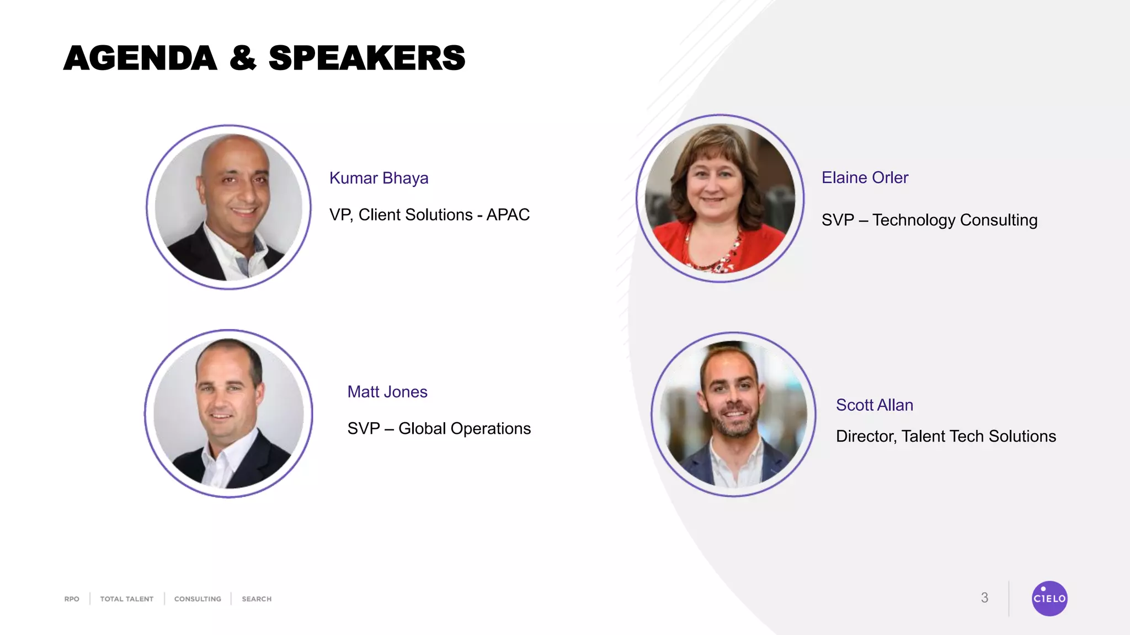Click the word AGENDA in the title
click(x=140, y=58)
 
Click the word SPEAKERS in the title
click(x=367, y=58)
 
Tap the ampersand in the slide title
click(x=243, y=58)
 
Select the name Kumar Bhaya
click(x=379, y=178)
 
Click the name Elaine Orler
click(x=865, y=177)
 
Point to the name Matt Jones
click(x=387, y=392)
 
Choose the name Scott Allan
click(x=875, y=405)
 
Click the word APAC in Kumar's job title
click(x=508, y=214)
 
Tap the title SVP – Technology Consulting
click(x=929, y=220)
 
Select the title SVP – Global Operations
click(x=439, y=428)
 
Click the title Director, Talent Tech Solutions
click(x=946, y=436)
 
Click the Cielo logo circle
click(x=1049, y=598)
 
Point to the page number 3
click(x=984, y=598)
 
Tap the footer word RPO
click(x=72, y=599)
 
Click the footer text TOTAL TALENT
click(x=126, y=599)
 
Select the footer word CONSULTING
click(x=198, y=599)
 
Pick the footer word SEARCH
click(x=257, y=599)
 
